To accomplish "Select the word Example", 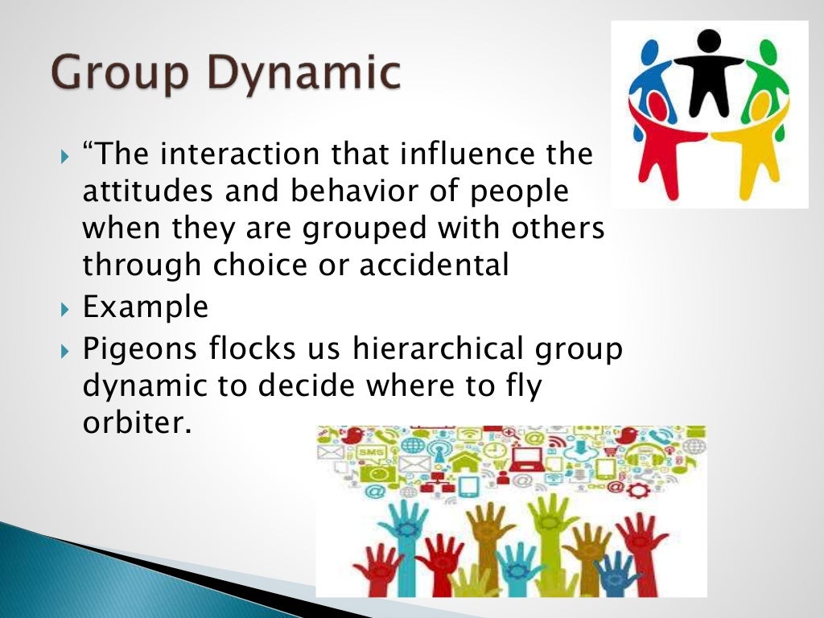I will (146, 307).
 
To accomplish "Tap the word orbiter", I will (138, 423).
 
